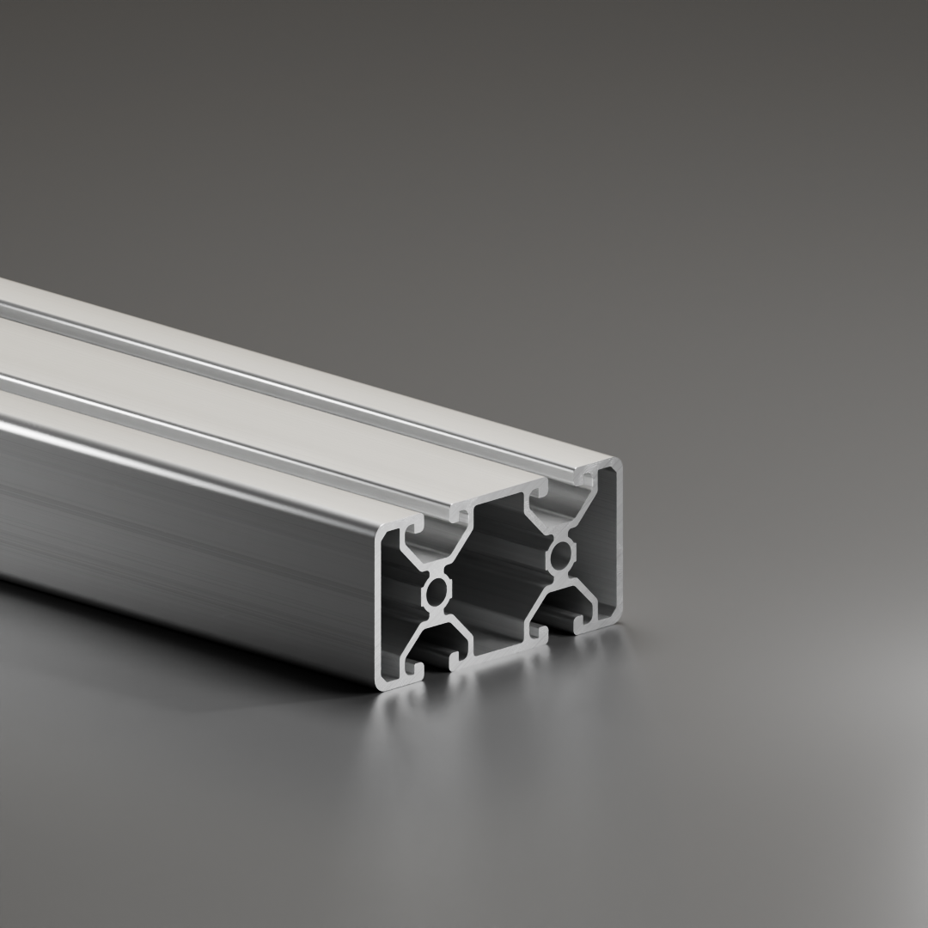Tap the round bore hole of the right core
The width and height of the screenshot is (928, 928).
[x=562, y=555]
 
